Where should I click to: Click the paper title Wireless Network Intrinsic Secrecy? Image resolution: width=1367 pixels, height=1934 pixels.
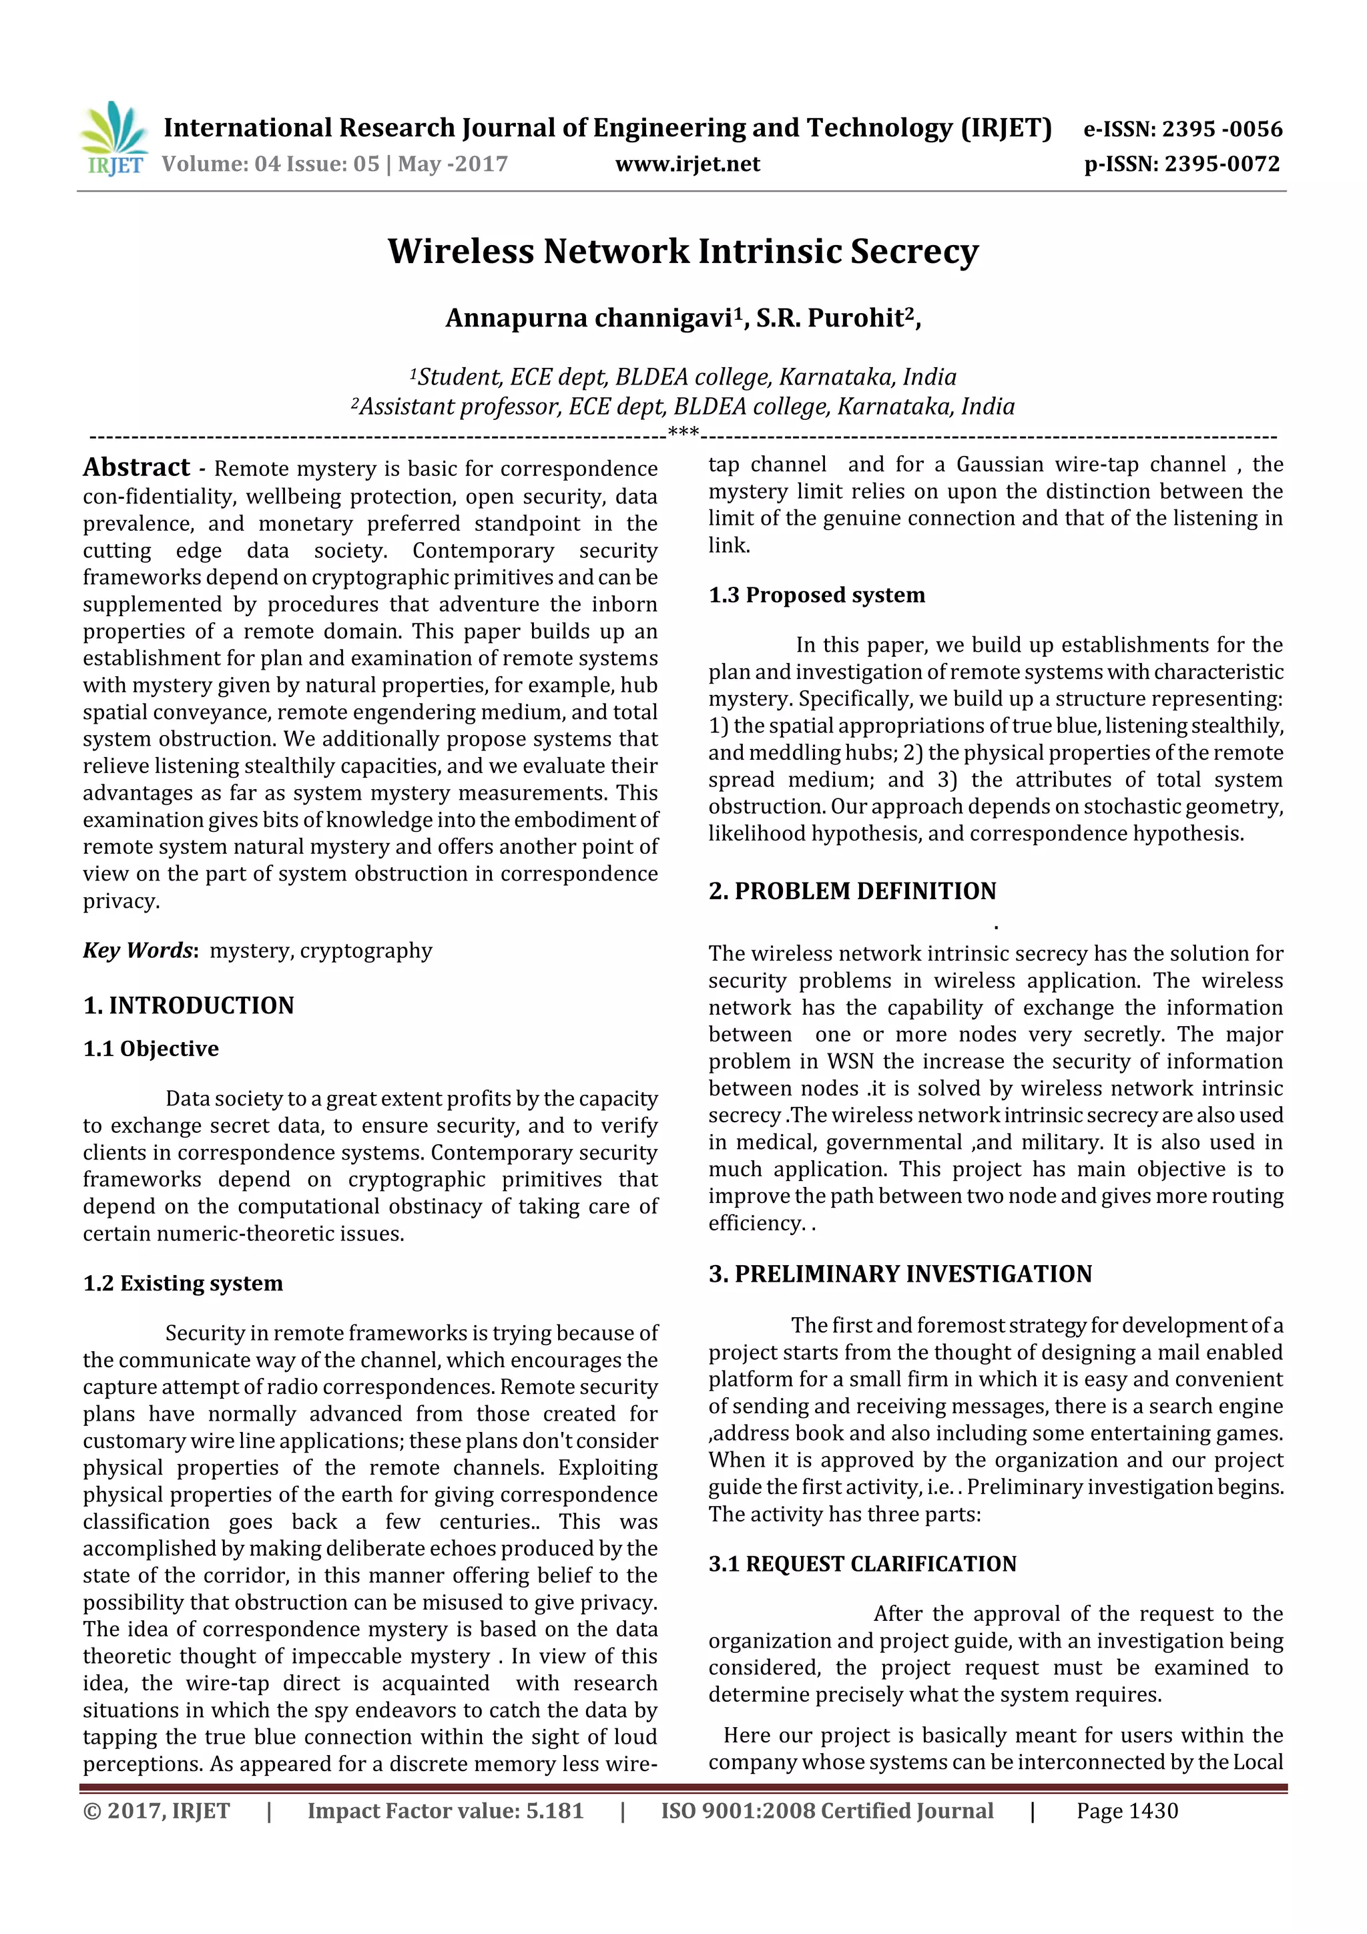pyautogui.click(x=683, y=252)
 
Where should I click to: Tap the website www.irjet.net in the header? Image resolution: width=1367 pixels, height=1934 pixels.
pyautogui.click(x=688, y=164)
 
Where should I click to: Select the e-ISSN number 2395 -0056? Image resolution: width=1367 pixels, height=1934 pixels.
pyautogui.click(x=1221, y=129)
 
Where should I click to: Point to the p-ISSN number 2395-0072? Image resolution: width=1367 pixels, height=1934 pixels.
pyautogui.click(x=1221, y=164)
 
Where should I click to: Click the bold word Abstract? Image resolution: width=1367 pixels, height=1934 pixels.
pyautogui.click(x=136, y=467)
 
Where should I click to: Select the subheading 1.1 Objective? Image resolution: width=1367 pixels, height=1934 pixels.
pyautogui.click(x=151, y=1049)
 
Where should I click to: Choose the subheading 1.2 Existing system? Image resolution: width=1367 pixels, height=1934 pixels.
pyautogui.click(x=183, y=1283)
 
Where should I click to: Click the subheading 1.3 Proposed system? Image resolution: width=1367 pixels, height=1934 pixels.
pyautogui.click(x=816, y=595)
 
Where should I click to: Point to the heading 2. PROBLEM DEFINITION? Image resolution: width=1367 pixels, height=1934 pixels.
pyautogui.click(x=852, y=891)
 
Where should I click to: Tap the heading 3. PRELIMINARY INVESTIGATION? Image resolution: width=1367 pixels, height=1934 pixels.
pyautogui.click(x=900, y=1274)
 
